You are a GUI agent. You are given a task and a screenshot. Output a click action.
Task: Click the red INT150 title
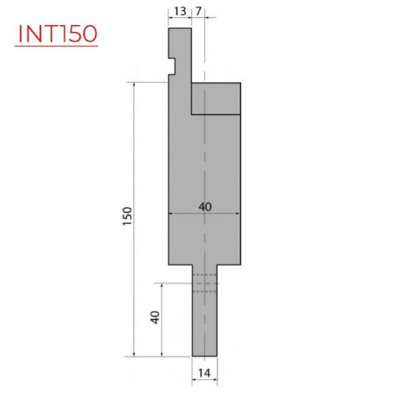[x=58, y=33]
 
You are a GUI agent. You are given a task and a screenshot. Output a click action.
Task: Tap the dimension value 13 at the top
[x=180, y=11]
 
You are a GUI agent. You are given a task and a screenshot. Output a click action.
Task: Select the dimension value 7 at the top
[x=198, y=11]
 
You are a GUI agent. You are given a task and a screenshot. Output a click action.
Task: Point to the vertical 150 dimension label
[x=127, y=216]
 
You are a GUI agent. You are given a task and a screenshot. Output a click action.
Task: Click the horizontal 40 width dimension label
[x=205, y=207]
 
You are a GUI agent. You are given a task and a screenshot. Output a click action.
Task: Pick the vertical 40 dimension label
[x=155, y=317]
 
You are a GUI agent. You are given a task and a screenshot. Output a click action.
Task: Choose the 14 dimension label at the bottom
[x=204, y=373]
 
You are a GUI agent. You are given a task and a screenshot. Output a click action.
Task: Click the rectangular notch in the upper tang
[x=172, y=66]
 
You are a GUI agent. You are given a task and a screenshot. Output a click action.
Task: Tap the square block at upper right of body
[x=216, y=99]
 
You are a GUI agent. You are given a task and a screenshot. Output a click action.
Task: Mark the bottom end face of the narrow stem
[x=205, y=356]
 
